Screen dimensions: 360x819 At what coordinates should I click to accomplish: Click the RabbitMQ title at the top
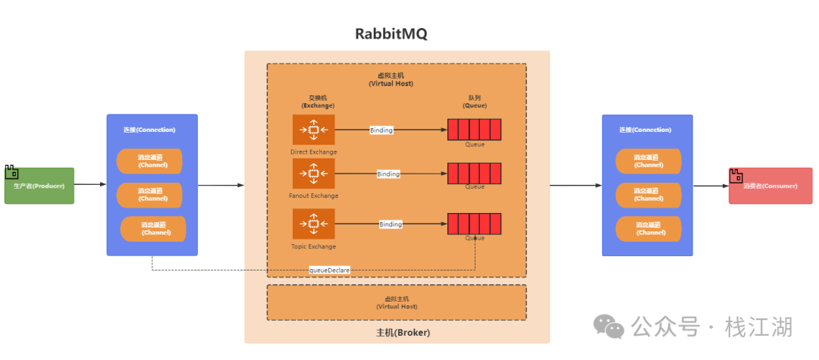click(391, 34)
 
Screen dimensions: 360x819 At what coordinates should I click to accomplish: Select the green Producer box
click(39, 186)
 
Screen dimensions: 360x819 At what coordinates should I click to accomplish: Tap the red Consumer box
click(770, 186)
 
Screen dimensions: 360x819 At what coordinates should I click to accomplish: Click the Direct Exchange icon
click(313, 130)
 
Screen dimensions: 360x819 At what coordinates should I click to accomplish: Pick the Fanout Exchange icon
click(313, 174)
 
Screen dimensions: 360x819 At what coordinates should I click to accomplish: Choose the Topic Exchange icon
click(313, 224)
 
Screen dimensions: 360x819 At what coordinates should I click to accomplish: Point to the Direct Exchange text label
click(313, 152)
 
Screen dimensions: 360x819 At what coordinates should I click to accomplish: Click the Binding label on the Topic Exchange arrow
click(391, 224)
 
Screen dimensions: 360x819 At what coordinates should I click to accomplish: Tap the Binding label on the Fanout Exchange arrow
click(388, 174)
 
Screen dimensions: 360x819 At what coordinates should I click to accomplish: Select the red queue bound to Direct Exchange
click(474, 130)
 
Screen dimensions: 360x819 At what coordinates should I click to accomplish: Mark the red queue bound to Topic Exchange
click(474, 224)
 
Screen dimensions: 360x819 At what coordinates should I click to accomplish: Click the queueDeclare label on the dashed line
click(330, 270)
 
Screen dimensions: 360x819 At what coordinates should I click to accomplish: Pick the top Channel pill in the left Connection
click(149, 161)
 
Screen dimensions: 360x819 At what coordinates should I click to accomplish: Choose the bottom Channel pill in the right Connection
click(648, 229)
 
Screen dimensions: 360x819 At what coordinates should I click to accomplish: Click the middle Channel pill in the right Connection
click(648, 195)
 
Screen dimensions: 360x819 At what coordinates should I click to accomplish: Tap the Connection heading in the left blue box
click(149, 130)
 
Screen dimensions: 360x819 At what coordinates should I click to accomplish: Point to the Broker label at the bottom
click(403, 333)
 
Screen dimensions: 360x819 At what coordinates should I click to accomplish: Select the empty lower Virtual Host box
click(397, 302)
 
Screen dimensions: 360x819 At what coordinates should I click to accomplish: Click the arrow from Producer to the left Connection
click(90, 184)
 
